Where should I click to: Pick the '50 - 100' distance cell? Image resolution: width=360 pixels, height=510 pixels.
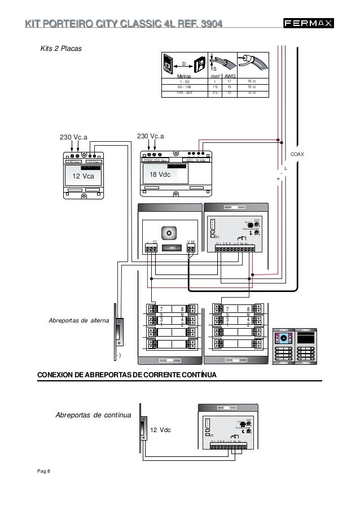click(184, 86)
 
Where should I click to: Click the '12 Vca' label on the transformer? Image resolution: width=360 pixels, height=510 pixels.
click(84, 176)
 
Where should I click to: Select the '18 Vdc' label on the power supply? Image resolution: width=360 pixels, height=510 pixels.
click(160, 175)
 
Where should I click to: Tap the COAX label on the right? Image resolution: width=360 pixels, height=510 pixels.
click(297, 154)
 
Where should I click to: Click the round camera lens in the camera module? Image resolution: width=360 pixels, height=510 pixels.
click(169, 233)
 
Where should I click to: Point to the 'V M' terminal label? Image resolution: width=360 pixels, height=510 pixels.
click(191, 241)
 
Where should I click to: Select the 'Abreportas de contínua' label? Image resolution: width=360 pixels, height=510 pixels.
click(93, 415)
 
